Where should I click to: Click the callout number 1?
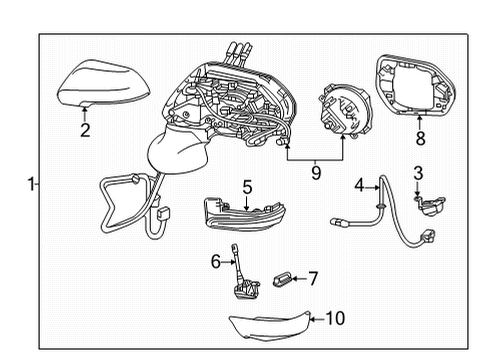tap(31, 183)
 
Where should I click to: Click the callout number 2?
tap(85, 129)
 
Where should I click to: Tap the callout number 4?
tap(359, 184)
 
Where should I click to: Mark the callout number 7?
tap(311, 277)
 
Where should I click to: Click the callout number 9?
tap(315, 172)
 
